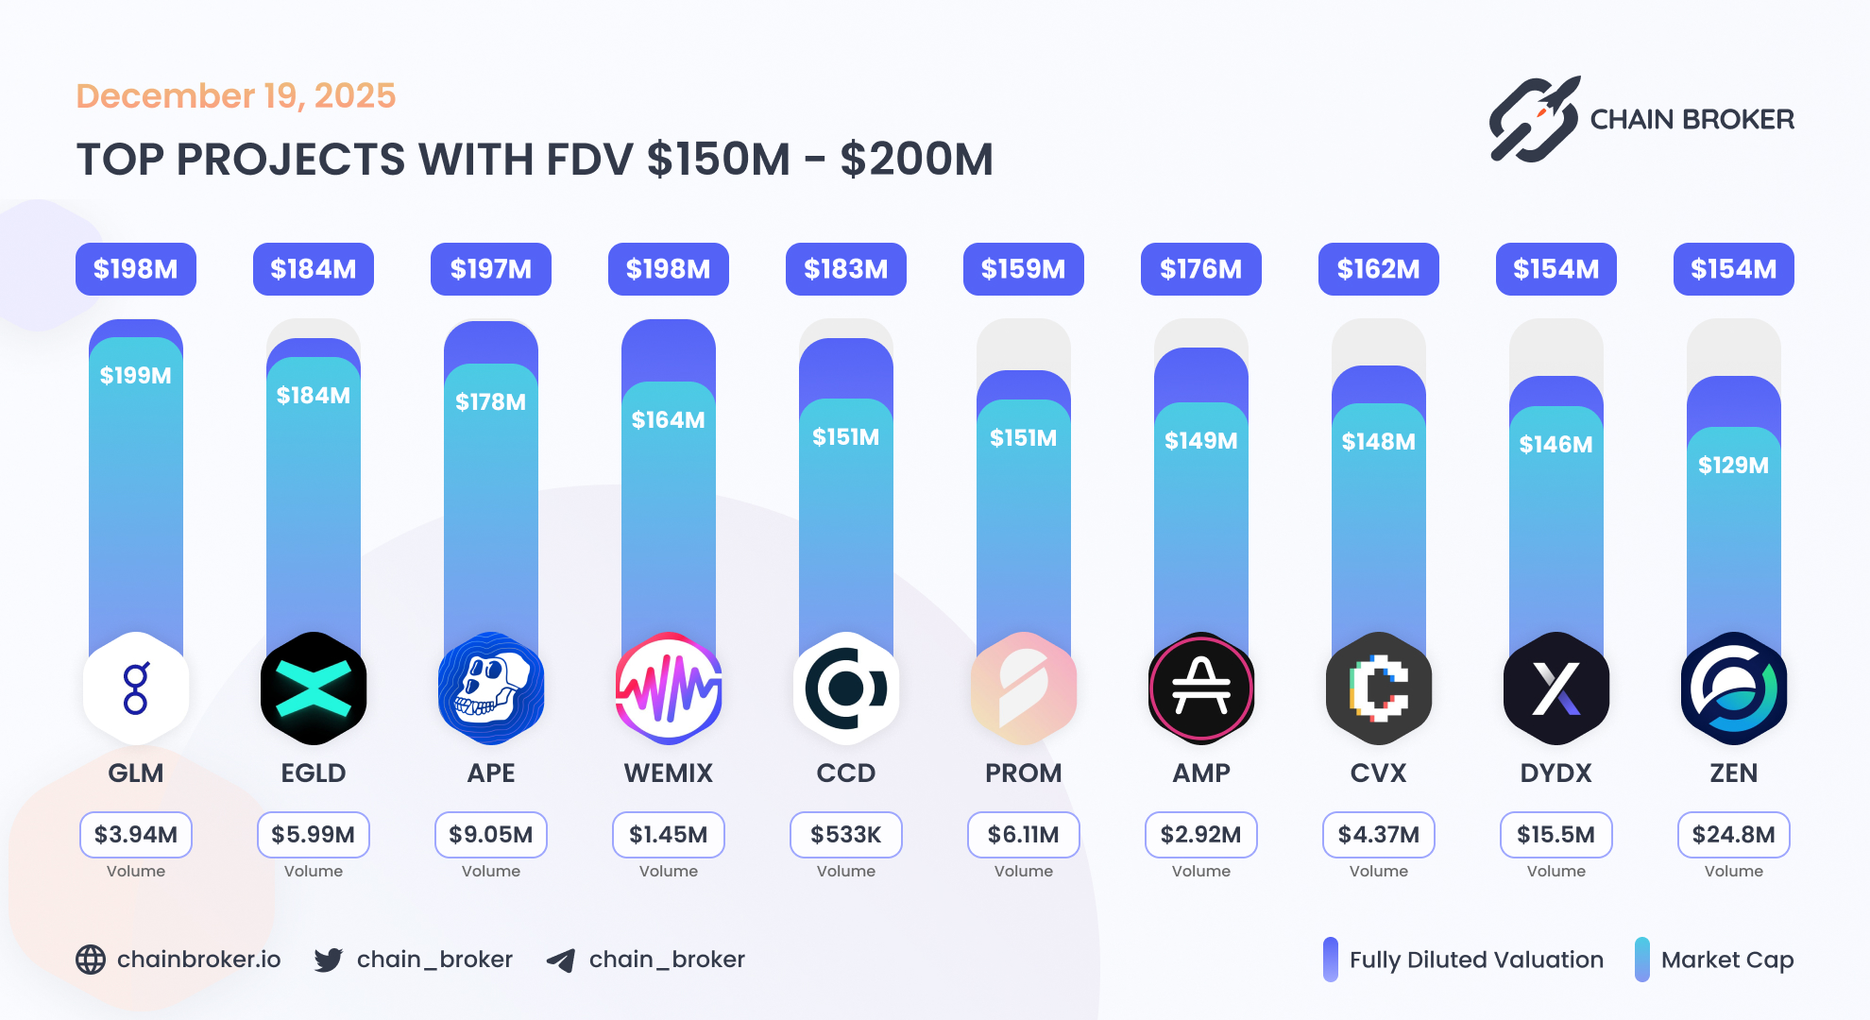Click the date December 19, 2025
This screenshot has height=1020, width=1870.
236,96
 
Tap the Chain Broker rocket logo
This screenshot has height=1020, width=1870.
1534,120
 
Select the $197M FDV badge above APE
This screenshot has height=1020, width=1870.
491,269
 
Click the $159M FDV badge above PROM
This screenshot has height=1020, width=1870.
1023,269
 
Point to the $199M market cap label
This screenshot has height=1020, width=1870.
136,376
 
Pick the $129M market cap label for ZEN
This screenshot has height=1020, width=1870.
1733,465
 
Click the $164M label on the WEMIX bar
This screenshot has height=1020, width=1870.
668,420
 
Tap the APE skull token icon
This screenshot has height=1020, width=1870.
491,688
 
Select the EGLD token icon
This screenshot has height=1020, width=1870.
314,688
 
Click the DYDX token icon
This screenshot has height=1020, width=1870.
1555,688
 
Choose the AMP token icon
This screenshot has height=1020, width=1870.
1200,688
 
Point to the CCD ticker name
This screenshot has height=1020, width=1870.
845,773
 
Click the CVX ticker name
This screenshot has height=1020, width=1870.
1378,773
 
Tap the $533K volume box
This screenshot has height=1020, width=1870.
845,835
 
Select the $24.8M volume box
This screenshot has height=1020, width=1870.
1733,835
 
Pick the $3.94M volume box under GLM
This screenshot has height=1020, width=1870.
136,835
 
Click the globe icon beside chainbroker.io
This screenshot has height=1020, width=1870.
91,960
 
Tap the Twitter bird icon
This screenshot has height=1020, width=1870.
329,960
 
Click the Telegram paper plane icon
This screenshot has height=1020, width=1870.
561,960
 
